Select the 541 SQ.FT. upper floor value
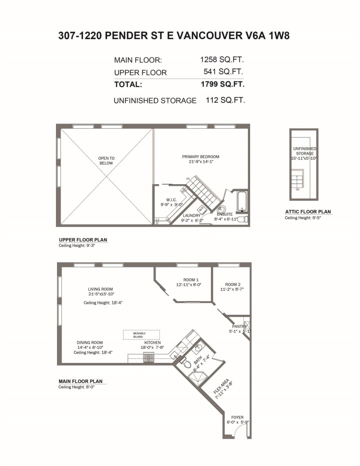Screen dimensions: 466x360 coord(223,72)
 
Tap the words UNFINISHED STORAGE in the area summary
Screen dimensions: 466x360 coord(155,101)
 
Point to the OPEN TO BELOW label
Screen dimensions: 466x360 coord(106,161)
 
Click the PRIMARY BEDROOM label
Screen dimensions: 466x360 coord(200,157)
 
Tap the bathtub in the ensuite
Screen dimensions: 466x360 coord(241,202)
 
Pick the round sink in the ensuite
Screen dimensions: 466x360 coord(222,210)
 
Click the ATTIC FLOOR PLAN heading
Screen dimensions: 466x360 coord(308,212)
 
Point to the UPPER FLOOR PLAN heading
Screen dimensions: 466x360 coord(83,240)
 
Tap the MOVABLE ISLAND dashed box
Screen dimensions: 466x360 coord(141,334)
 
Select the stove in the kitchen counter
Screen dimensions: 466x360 coord(148,358)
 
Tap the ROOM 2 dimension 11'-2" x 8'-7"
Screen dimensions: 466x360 coord(232,289)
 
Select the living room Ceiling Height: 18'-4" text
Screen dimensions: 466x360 coord(103,303)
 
